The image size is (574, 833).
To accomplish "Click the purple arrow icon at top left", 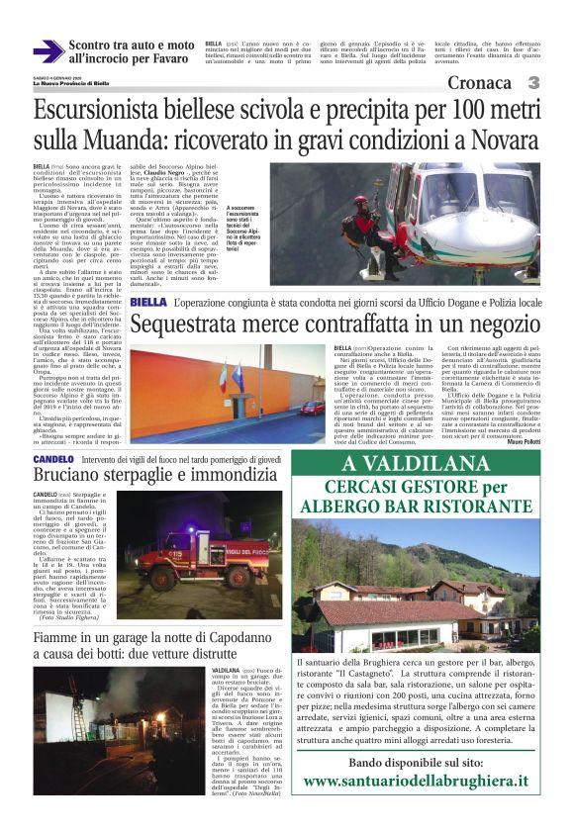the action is click(48, 51).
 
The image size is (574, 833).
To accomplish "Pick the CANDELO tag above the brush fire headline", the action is click(52, 460).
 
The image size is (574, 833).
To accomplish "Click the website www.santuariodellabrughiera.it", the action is click(416, 781).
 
